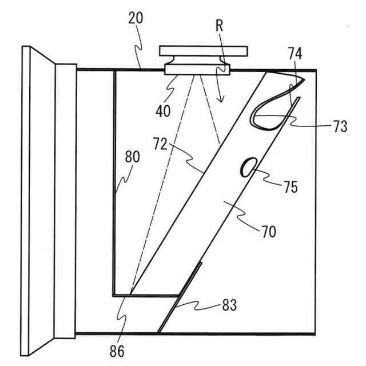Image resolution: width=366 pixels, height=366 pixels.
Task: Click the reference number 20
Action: [136, 18]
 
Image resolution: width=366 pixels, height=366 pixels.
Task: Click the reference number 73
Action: [339, 127]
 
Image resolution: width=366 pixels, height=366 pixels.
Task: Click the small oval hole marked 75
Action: [249, 168]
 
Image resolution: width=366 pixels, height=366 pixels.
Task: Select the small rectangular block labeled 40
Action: [197, 70]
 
